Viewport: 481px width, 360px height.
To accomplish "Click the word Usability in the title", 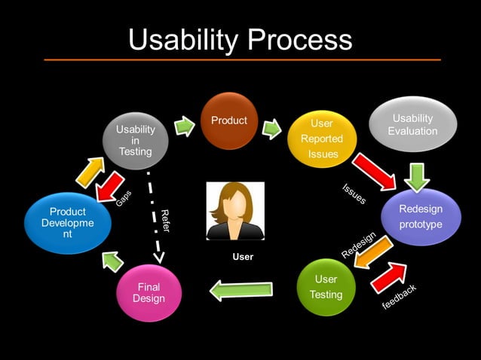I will [179, 39].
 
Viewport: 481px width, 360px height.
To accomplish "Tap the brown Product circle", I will [229, 121].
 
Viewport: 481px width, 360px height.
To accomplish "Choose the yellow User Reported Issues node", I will [322, 139].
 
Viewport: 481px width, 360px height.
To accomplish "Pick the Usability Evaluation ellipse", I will [412, 125].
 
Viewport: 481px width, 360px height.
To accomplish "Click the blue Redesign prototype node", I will [421, 217].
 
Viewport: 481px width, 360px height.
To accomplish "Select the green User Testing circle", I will [326, 287].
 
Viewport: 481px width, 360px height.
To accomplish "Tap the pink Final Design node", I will [149, 293].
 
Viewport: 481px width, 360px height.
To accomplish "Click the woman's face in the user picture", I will [235, 206].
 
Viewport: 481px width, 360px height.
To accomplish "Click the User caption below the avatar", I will [243, 257].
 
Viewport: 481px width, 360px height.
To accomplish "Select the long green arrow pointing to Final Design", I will [240, 291].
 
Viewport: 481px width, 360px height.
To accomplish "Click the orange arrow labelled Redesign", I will [373, 251].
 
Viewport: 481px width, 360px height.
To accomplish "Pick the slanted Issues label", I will [354, 194].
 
